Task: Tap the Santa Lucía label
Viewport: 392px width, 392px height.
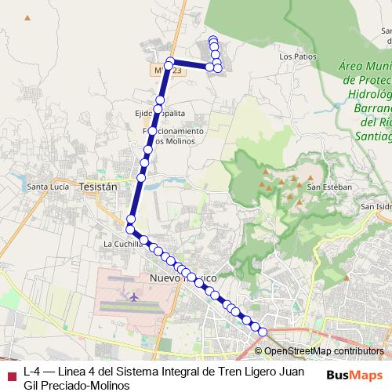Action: [x=48, y=187]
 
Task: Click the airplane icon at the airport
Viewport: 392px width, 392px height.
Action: [x=133, y=298]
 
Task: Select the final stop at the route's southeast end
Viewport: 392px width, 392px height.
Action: [x=262, y=332]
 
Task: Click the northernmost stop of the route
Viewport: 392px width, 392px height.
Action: [x=212, y=39]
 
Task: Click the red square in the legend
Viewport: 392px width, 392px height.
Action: [x=10, y=372]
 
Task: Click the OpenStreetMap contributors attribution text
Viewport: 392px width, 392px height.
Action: [x=324, y=351]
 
